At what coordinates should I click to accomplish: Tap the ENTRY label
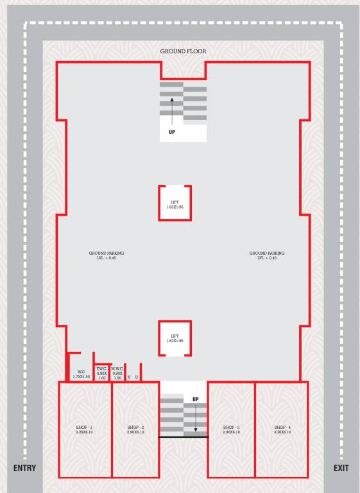24,468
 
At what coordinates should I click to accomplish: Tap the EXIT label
341,468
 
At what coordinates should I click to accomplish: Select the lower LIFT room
175,338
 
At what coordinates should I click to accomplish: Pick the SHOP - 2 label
135,429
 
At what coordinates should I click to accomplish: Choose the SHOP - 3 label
231,429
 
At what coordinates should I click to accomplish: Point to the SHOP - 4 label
282,429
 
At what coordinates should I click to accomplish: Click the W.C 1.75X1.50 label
81,374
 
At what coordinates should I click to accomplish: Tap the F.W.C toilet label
101,373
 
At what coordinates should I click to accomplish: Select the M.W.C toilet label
117,373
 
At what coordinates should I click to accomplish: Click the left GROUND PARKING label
107,255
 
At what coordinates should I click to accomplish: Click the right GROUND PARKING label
267,255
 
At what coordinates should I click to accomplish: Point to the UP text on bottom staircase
196,400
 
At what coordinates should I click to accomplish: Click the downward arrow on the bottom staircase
196,420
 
